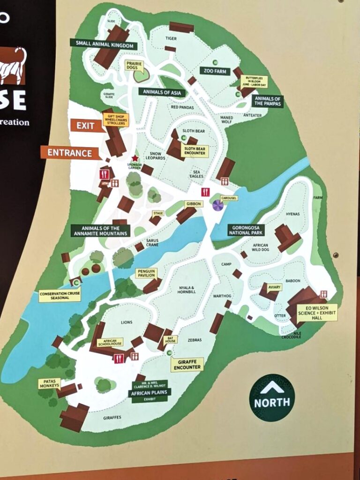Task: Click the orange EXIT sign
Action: tap(86, 126)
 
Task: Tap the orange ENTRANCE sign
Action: tap(69, 153)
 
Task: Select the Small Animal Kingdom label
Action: tap(104, 45)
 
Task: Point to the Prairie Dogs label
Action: tap(134, 66)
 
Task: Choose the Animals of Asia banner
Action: tap(162, 92)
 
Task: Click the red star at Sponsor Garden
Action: tap(135, 158)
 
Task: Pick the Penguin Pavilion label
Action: tap(147, 273)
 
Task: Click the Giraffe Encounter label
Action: tap(187, 364)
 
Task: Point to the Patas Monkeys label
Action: tap(49, 383)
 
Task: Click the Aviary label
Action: tap(274, 287)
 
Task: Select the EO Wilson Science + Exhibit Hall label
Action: tap(318, 312)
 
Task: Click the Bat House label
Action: tap(170, 339)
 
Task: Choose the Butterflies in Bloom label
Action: tap(254, 82)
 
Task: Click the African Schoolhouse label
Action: tap(110, 342)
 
